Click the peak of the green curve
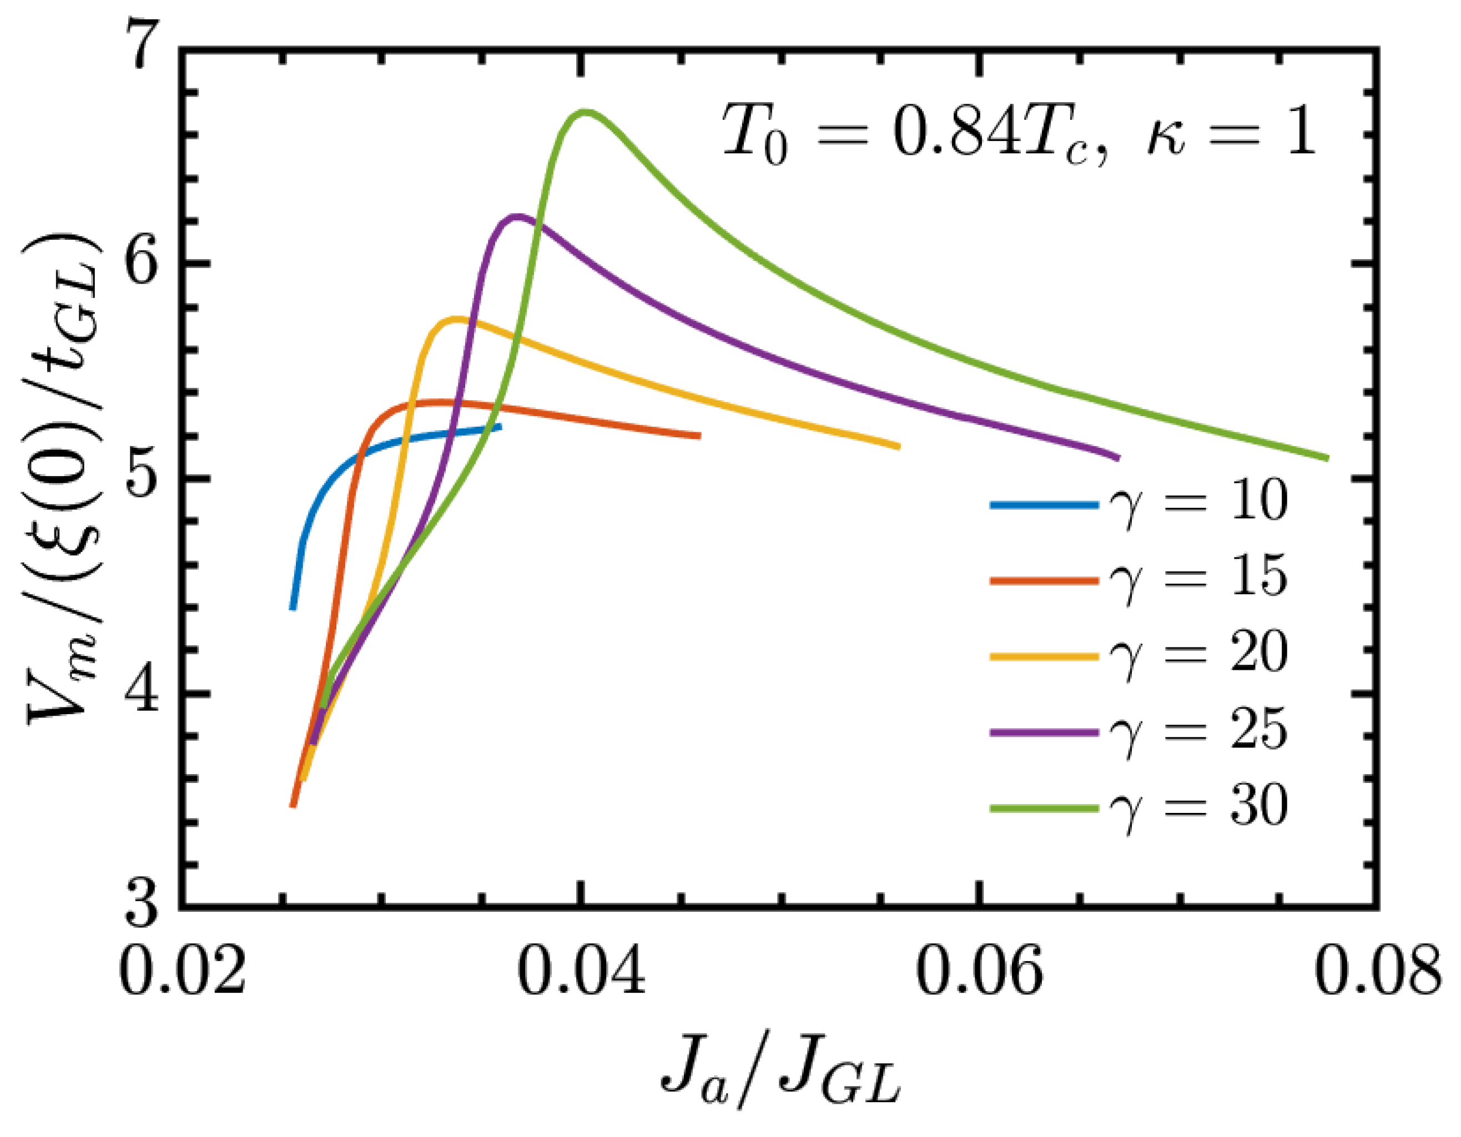585,112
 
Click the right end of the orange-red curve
698,436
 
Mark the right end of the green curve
1327,458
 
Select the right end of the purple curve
1118,458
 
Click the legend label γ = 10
1197,502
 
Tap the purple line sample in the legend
1044,733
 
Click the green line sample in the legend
1044,808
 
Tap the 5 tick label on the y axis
142,478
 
